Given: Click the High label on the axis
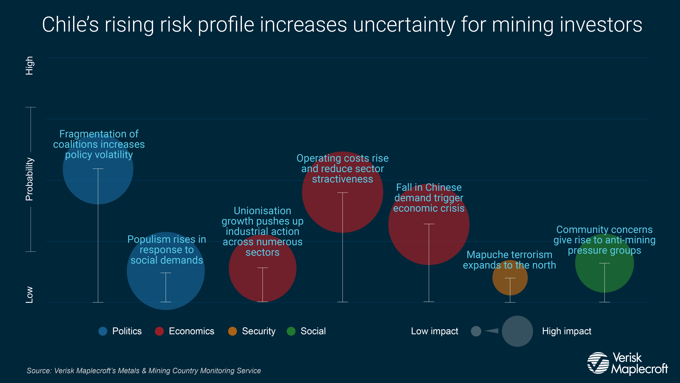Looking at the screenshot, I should tap(29, 65).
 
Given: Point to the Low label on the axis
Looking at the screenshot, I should tap(29, 295).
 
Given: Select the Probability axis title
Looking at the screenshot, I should tap(29, 179).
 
